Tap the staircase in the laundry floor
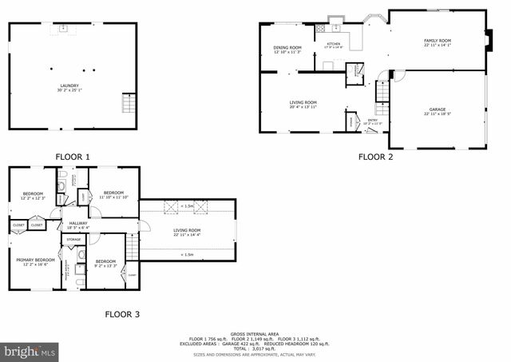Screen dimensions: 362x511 click(128, 104)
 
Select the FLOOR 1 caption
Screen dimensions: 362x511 click(73, 157)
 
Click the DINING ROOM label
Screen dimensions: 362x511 click(287, 50)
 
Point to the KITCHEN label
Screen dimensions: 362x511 click(333, 45)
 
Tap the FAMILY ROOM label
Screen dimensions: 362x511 click(437, 42)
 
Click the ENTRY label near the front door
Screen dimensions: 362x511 click(373, 121)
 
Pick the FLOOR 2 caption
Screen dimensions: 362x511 click(375, 157)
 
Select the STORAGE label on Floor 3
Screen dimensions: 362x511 click(73, 239)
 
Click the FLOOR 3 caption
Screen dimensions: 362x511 click(122, 314)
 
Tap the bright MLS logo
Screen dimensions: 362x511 click(30, 351)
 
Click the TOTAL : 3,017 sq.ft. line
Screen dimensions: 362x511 click(255, 348)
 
